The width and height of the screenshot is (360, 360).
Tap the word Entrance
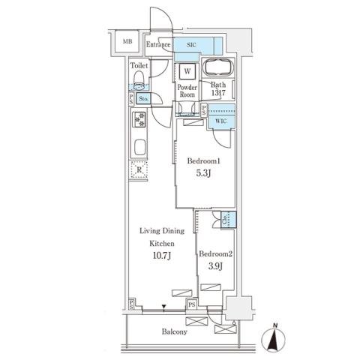(x=159, y=45)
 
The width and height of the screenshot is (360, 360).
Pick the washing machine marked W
(x=187, y=73)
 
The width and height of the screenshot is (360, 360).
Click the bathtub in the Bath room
(x=220, y=68)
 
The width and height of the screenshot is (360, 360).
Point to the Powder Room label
(x=187, y=91)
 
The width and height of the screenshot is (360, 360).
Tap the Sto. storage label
(x=142, y=98)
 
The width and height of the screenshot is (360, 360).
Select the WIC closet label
(x=220, y=121)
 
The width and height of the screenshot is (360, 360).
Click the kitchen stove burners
(x=139, y=118)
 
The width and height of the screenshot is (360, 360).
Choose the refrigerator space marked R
(x=139, y=170)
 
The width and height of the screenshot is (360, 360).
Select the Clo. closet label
(x=226, y=220)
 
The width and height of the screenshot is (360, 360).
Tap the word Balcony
(x=174, y=331)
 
